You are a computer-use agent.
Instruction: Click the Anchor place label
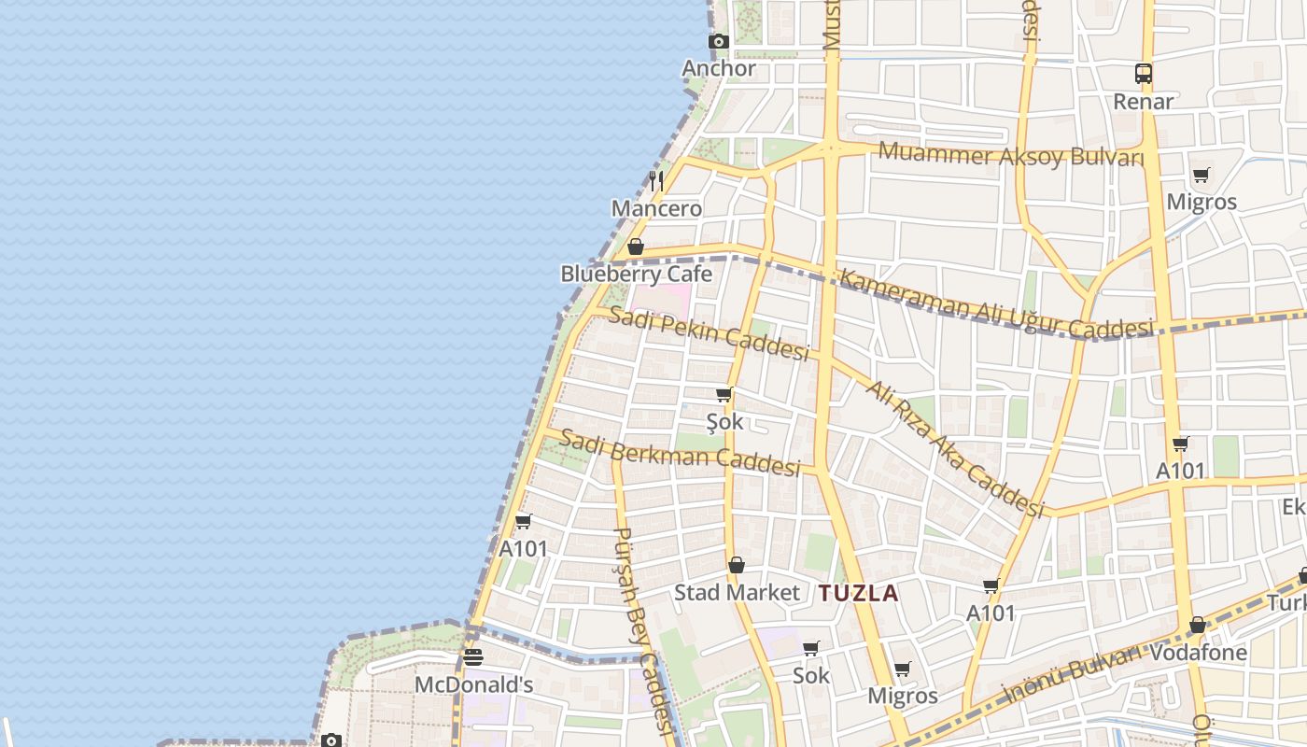(x=719, y=68)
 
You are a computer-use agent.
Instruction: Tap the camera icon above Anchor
(x=718, y=41)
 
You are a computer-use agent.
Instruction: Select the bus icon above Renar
(x=1144, y=73)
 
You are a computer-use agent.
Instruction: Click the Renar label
(x=1144, y=101)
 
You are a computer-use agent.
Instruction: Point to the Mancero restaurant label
(x=657, y=208)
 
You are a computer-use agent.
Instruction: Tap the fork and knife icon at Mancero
(x=657, y=180)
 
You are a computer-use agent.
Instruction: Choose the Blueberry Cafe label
(x=636, y=274)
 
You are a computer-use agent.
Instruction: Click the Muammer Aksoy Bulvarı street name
(x=1011, y=155)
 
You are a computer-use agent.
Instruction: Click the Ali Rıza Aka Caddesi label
(x=954, y=448)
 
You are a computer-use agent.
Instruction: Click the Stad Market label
(x=737, y=592)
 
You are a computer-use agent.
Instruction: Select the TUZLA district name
(x=858, y=593)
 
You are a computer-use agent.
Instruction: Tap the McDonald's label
(x=473, y=684)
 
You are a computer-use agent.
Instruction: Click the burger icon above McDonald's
(x=473, y=657)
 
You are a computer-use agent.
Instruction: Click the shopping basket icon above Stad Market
(x=737, y=565)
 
